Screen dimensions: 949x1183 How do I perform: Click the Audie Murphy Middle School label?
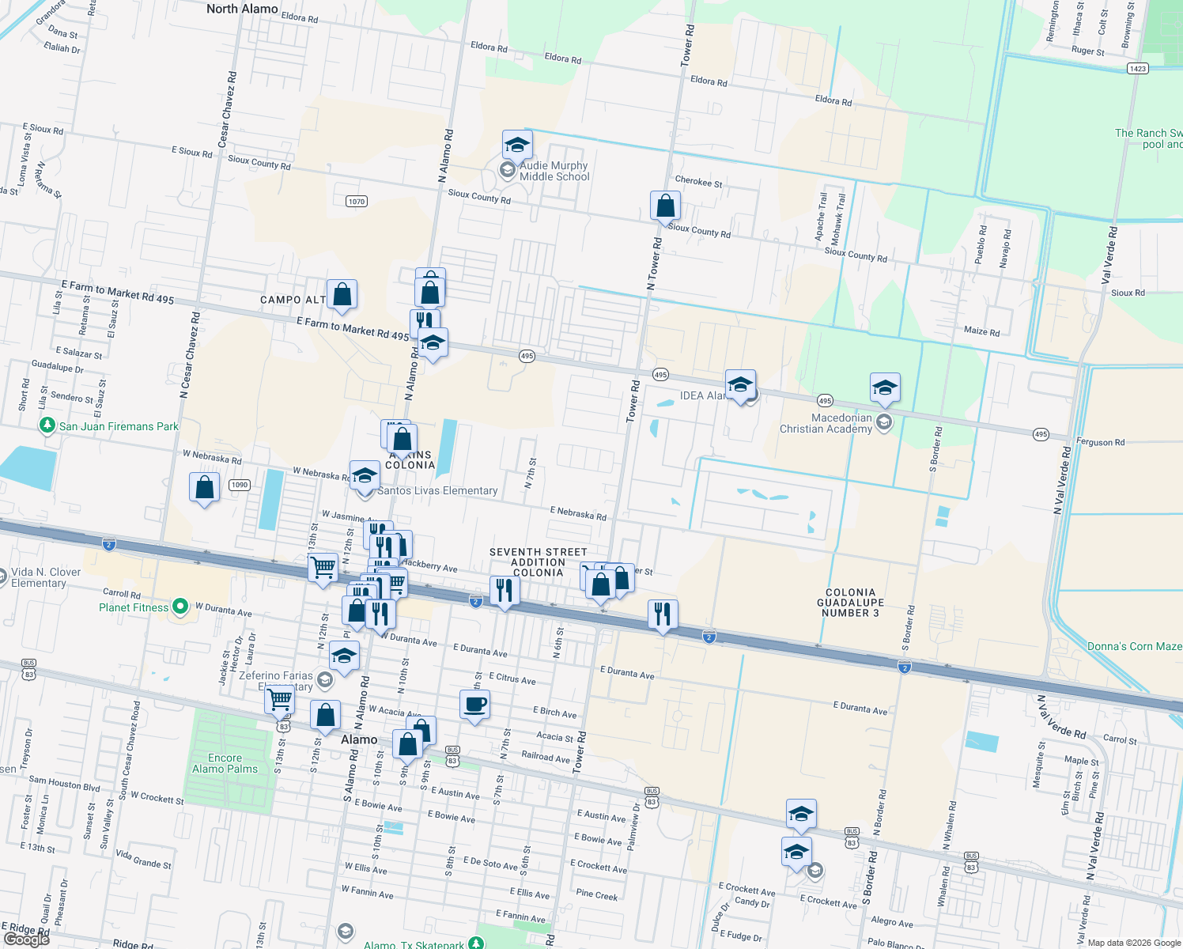click(x=554, y=171)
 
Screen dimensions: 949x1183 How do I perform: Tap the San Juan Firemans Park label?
click(x=119, y=426)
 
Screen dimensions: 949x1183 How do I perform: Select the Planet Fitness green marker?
click(x=180, y=607)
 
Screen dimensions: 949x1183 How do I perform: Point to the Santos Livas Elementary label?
click(x=437, y=490)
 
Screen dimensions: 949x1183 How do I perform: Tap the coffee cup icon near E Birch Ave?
click(x=474, y=704)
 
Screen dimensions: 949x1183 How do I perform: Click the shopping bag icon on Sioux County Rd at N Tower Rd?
click(x=666, y=206)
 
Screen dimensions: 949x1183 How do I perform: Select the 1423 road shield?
click(x=1137, y=69)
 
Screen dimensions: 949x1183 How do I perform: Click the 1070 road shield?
click(x=357, y=201)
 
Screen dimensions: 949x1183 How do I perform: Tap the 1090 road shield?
click(x=240, y=485)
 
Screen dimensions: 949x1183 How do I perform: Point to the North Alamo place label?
click(x=242, y=9)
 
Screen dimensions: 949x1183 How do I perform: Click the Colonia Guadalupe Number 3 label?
click(x=850, y=603)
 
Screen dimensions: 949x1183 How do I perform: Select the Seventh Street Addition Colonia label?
click(x=538, y=562)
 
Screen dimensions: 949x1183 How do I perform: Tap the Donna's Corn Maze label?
click(x=1134, y=646)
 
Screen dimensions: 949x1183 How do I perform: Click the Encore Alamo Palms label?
click(x=225, y=763)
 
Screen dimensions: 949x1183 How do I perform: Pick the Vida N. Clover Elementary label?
click(x=45, y=577)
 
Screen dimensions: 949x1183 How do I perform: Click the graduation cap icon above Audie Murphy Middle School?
click(x=517, y=145)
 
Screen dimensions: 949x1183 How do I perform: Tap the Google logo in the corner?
click(x=27, y=939)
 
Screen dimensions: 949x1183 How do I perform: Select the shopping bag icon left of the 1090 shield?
click(x=204, y=487)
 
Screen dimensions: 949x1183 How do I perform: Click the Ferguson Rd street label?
click(x=1100, y=442)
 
